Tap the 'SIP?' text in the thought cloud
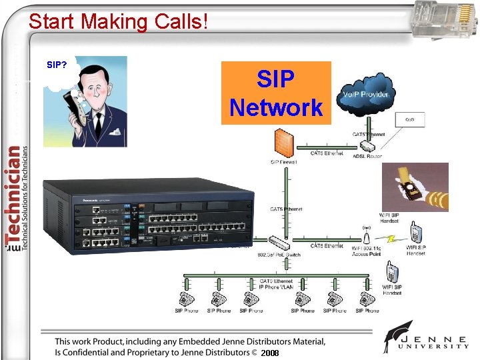pos(56,65)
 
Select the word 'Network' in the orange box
pos(275,107)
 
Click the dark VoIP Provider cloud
pos(365,95)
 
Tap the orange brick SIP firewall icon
pos(283,144)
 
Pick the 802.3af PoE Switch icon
pos(277,242)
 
